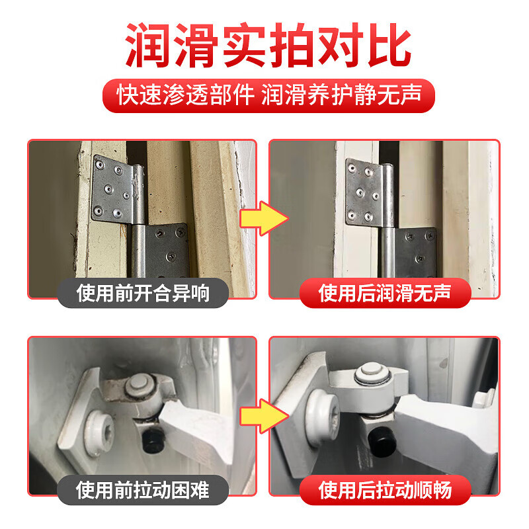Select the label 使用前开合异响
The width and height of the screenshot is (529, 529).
tap(143, 292)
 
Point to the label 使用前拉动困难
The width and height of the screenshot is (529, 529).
tap(143, 490)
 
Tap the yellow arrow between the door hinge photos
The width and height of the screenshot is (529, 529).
tap(263, 219)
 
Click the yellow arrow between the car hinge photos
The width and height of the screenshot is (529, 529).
tap(263, 416)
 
